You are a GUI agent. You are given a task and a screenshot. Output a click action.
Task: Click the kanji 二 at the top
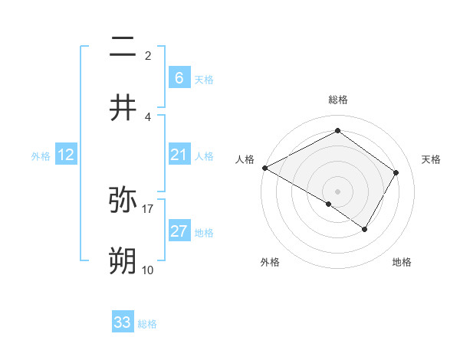[x=123, y=47]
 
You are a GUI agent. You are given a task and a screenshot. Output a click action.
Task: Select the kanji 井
[x=123, y=108]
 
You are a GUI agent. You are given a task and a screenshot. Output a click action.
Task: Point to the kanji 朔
[x=123, y=260]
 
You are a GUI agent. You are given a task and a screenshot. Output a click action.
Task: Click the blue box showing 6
[x=179, y=78]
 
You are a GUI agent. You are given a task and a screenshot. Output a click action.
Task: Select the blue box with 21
[x=179, y=155]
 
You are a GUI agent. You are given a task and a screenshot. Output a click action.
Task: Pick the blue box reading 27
[x=179, y=231]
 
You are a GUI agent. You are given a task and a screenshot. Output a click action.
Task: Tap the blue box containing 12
[x=65, y=155]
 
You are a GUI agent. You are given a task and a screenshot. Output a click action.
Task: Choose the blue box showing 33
[x=123, y=322]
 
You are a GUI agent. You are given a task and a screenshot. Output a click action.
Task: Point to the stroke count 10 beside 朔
[x=148, y=270]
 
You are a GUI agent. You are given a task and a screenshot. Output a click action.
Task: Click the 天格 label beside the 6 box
[x=204, y=80]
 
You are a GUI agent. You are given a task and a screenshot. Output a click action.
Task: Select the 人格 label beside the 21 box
[x=204, y=156]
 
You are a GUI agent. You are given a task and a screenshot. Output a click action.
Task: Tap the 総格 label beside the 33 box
[x=147, y=324]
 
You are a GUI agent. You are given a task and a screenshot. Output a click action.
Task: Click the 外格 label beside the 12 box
[x=41, y=156]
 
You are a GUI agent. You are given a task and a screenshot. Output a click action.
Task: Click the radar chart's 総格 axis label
[x=337, y=100]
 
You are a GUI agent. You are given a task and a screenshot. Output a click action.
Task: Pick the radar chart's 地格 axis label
[x=402, y=262]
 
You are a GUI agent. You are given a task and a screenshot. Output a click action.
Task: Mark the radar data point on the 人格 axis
[x=264, y=167]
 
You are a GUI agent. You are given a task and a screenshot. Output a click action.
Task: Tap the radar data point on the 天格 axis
[x=396, y=172]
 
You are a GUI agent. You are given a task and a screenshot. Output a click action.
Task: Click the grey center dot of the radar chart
[x=337, y=191]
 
